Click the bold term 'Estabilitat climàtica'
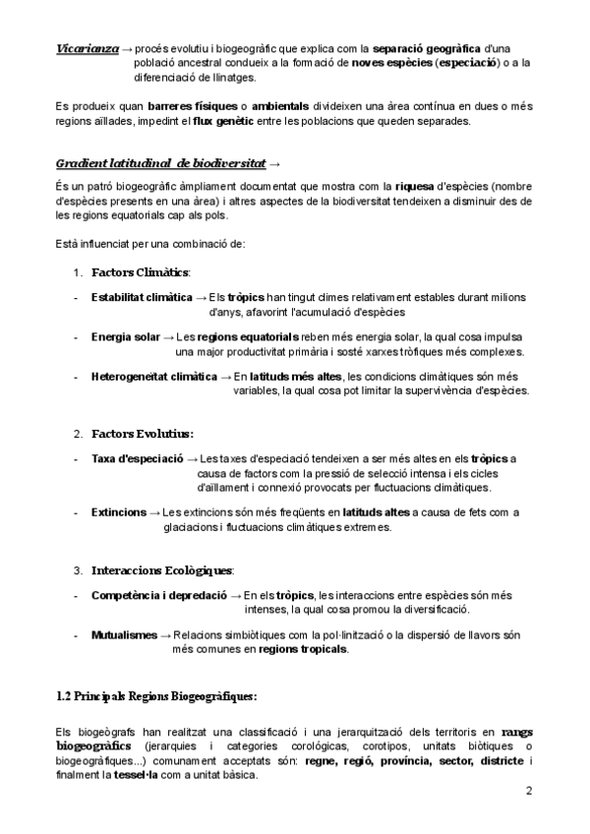[142, 297]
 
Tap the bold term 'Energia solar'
[125, 337]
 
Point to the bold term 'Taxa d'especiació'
[137, 458]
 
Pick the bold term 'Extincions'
[118, 512]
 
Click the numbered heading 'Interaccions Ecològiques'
[162, 569]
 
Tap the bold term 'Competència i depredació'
[158, 595]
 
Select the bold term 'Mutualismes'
[124, 635]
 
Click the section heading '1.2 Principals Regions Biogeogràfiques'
[156, 696]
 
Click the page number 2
[529, 791]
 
